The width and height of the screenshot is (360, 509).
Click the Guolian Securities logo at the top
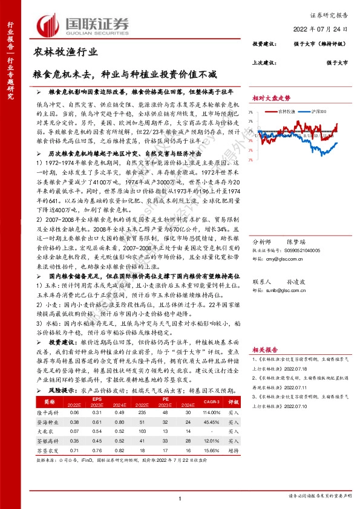coord(84,24)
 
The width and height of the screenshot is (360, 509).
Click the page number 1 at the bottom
coord(180,498)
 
